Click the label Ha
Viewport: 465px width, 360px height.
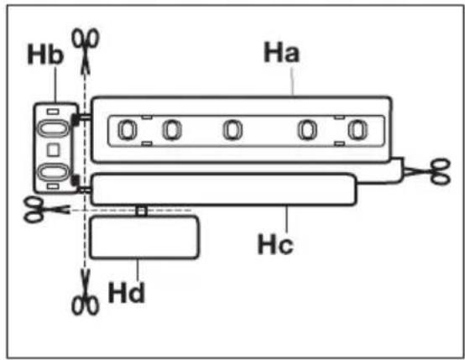[281, 52]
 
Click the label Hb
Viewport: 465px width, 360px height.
[45, 54]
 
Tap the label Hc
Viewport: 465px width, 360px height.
[275, 244]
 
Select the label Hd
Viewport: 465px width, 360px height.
[127, 293]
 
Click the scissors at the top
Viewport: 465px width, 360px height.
[86, 50]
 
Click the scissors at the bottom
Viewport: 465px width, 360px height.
[86, 292]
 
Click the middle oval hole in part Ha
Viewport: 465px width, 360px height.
[232, 130]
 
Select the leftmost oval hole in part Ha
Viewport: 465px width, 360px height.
[128, 130]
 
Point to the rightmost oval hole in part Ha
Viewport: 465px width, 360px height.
[358, 130]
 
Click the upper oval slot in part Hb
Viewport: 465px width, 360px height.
[53, 129]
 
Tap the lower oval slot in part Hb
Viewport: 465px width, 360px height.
[53, 172]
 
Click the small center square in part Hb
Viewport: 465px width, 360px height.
[53, 149]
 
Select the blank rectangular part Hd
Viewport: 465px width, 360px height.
[144, 237]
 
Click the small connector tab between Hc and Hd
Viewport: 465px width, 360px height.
[142, 211]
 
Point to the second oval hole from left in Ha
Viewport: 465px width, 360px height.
[172, 130]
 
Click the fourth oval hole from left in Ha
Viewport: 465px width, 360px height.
[307, 130]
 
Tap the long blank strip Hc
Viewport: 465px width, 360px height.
[224, 189]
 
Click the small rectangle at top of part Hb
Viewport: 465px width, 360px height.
[53, 112]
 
